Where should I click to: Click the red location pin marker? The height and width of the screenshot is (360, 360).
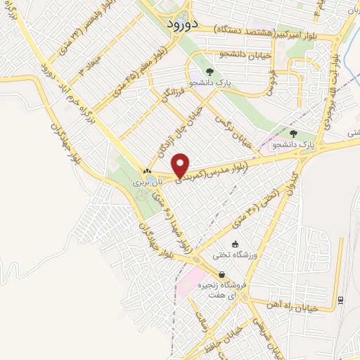coord(181,165)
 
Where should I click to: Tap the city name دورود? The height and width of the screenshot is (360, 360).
coord(184,24)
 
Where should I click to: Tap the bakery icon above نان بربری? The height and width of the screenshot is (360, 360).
coord(147,171)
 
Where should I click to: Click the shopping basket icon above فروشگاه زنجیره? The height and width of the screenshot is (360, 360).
coord(221,275)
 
